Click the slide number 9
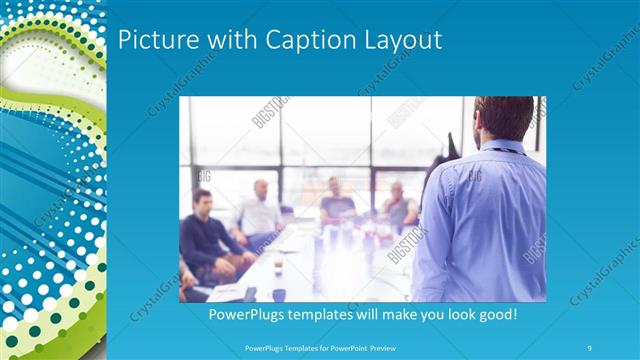(590, 348)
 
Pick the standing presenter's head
(504, 118)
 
